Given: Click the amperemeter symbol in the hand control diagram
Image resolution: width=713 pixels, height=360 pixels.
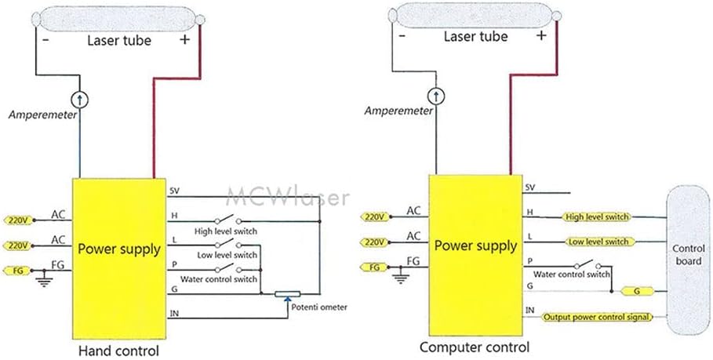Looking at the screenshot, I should [x=79, y=100].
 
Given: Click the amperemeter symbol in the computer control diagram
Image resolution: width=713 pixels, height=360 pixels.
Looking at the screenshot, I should [x=436, y=96].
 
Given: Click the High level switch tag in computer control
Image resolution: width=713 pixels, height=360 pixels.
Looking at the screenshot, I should [x=595, y=216].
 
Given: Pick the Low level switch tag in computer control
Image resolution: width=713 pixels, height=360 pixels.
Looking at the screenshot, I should [x=595, y=242].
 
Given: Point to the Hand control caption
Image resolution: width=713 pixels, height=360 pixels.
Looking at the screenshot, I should [x=120, y=351].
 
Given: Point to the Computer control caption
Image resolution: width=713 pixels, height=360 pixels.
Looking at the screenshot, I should [x=475, y=347].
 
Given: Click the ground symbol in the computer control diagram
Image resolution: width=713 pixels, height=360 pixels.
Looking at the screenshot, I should [x=402, y=276].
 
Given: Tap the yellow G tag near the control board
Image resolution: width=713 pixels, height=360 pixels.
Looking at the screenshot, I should [x=637, y=292].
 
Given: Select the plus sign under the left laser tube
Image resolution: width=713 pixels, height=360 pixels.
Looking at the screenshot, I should [x=185, y=39].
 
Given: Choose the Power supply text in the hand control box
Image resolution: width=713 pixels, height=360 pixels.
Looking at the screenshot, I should [x=119, y=249].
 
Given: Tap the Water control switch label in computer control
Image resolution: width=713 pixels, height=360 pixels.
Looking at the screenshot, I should [x=571, y=275].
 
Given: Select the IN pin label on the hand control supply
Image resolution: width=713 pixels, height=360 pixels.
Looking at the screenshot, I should [x=175, y=314].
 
